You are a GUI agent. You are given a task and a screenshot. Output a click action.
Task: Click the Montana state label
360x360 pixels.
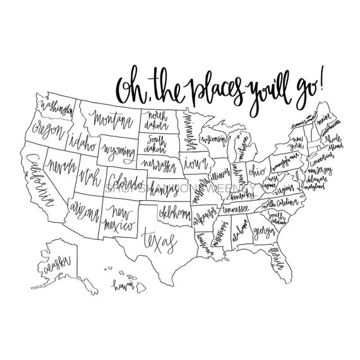(x=113, y=118)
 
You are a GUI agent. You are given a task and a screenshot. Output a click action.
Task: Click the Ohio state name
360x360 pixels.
(x=257, y=171)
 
